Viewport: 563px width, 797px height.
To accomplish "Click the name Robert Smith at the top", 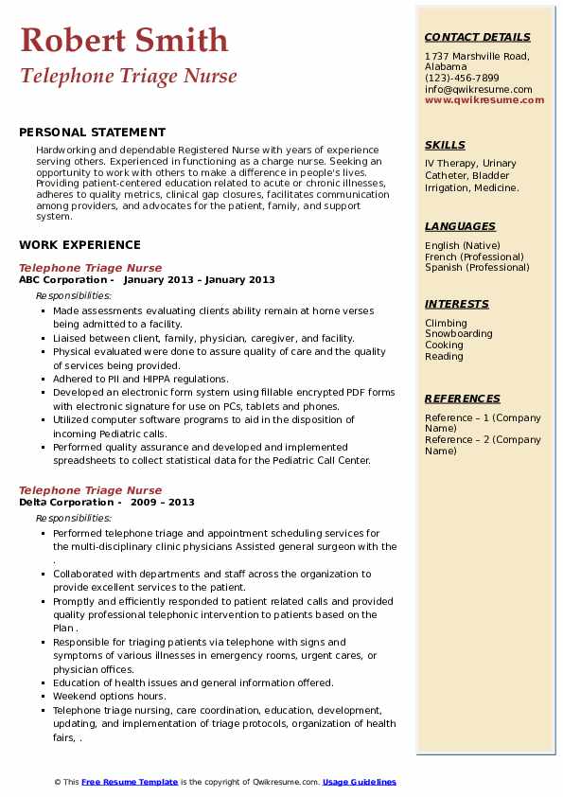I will pyautogui.click(x=123, y=40).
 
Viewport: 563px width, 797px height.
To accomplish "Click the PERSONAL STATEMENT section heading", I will pyautogui.click(x=92, y=133).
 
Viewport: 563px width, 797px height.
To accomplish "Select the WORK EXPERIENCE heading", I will pyautogui.click(x=79, y=244).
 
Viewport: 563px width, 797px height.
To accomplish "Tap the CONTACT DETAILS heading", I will pyautogui.click(x=477, y=38).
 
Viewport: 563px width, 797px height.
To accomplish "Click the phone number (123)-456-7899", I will pyautogui.click(x=462, y=79).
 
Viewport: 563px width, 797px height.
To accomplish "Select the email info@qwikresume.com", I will pyautogui.click(x=478, y=89).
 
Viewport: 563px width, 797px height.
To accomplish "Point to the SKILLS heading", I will pyautogui.click(x=445, y=145).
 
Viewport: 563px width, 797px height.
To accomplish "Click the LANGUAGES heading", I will pyautogui.click(x=460, y=226).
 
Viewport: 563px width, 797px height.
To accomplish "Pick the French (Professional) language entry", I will pyautogui.click(x=474, y=257).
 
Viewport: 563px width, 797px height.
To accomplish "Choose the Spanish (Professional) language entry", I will pyautogui.click(x=476, y=267).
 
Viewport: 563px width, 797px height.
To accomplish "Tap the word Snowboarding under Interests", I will pyautogui.click(x=459, y=334).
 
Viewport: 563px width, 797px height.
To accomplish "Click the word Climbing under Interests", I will pyautogui.click(x=446, y=323).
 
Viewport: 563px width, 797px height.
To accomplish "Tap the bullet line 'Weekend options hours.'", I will pyautogui.click(x=109, y=697).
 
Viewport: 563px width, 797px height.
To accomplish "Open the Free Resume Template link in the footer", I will pyautogui.click(x=130, y=782).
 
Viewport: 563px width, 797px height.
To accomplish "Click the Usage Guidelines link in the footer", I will pyautogui.click(x=360, y=782).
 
